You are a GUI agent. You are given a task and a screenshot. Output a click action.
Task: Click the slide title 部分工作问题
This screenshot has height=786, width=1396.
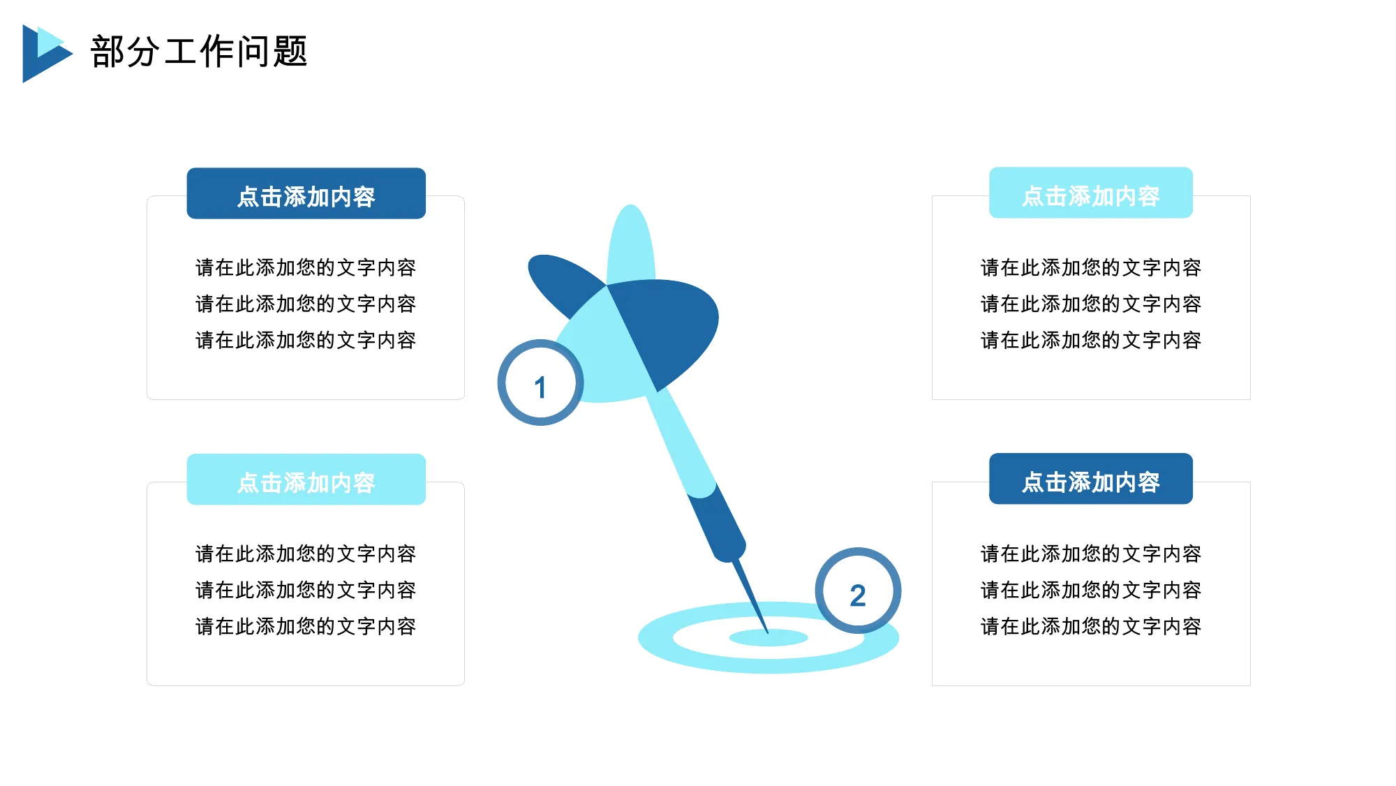[199, 52]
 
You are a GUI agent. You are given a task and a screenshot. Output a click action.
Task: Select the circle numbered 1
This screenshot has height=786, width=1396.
[540, 383]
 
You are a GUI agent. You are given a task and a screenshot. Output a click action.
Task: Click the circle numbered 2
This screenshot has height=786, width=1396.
[858, 591]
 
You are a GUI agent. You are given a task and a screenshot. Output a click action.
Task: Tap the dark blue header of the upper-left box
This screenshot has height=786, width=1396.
[306, 193]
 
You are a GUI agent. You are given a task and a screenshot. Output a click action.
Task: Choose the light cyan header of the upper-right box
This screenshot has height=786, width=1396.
[1091, 193]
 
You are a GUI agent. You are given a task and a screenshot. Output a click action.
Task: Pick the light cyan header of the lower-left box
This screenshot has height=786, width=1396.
[306, 480]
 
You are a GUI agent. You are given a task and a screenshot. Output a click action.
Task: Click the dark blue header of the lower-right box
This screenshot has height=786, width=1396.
[1091, 479]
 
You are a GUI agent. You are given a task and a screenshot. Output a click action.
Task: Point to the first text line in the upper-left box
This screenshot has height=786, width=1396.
[306, 267]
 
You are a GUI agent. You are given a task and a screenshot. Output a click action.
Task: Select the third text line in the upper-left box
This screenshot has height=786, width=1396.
[306, 340]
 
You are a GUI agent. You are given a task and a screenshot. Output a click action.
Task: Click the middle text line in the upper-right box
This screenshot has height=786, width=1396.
[1091, 304]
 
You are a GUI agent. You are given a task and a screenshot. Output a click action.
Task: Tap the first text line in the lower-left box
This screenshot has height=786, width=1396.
[306, 554]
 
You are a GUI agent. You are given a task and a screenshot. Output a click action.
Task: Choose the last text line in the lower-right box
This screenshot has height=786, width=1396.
[1091, 626]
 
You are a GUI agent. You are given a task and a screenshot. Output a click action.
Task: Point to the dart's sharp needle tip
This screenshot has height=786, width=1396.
[768, 632]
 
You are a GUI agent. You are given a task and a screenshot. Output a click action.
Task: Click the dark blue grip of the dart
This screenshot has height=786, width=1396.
[717, 524]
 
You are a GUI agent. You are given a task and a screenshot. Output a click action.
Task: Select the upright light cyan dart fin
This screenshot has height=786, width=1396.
[631, 244]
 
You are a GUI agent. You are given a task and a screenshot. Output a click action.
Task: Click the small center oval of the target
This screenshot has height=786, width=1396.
[768, 637]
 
